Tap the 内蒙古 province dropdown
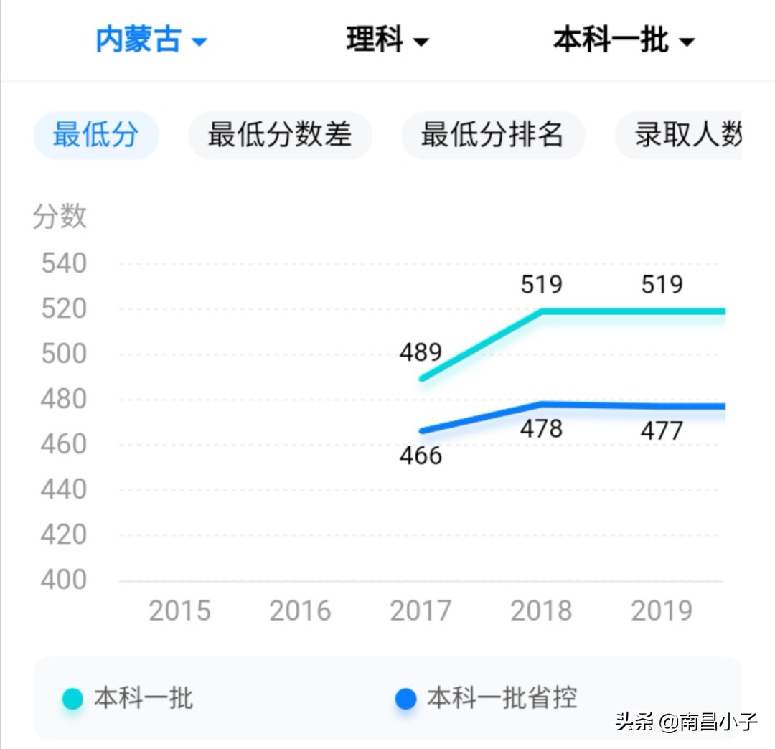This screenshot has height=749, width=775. click(x=151, y=40)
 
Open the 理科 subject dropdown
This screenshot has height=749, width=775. click(x=387, y=40)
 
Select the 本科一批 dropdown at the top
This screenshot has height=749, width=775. click(x=623, y=40)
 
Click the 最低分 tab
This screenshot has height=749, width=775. click(x=95, y=135)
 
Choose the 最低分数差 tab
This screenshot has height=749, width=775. click(x=280, y=135)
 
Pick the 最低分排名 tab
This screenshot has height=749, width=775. click(x=492, y=135)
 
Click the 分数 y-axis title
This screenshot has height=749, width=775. click(x=60, y=216)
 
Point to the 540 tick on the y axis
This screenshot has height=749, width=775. click(x=63, y=264)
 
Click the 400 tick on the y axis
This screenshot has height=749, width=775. click(x=63, y=580)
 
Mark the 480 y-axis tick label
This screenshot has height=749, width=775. click(x=63, y=400)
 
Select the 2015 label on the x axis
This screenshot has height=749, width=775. click(x=179, y=611)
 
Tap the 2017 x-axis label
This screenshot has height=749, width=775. click(x=421, y=611)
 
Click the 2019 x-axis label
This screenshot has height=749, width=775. click(x=662, y=611)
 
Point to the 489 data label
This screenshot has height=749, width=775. click(x=421, y=353)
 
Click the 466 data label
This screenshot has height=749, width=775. click(x=421, y=456)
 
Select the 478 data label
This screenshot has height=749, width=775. click(x=541, y=429)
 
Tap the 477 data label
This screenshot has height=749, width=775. click(x=662, y=431)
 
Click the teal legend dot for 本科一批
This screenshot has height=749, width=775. click(x=72, y=699)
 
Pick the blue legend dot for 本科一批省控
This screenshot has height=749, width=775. click(x=405, y=699)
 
